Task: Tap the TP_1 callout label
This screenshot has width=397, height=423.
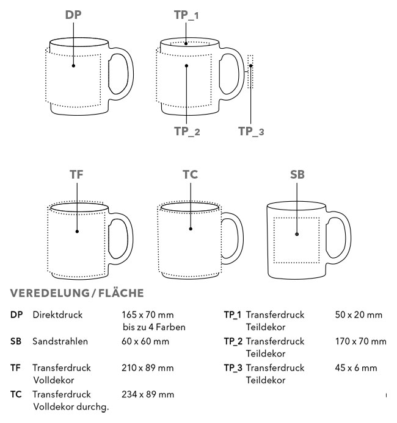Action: coord(186,14)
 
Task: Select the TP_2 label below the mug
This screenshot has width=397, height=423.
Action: coord(186,130)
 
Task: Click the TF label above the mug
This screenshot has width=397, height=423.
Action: coord(77,174)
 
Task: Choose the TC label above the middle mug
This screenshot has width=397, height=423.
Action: coord(190,174)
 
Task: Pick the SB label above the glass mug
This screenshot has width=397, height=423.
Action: coord(297,174)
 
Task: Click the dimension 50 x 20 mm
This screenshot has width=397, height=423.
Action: coord(360,315)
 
